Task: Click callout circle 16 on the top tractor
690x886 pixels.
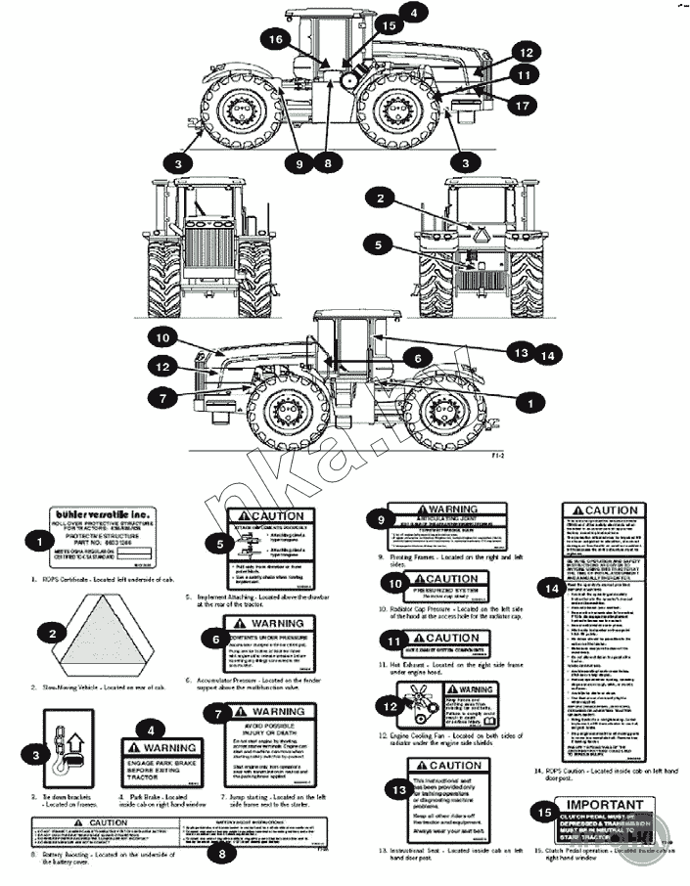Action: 275,38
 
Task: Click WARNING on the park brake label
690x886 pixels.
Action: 173,747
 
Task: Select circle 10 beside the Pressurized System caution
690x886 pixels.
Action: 392,582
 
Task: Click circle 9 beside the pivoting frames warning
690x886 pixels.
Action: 373,519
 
